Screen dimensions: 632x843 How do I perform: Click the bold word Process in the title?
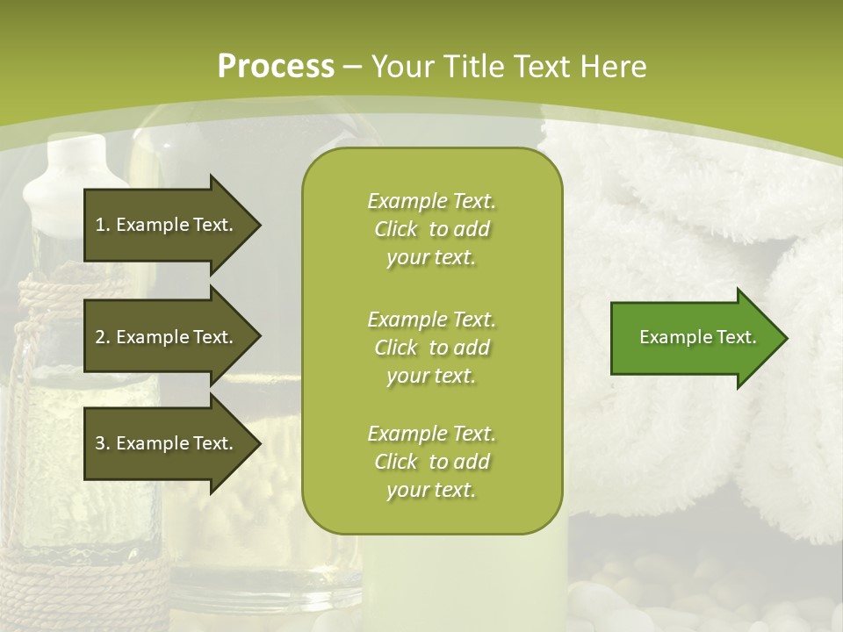point(276,66)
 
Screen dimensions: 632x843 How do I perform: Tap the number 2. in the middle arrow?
point(102,337)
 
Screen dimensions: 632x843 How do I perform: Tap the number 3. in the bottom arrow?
point(102,443)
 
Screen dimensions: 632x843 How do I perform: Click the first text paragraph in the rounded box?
point(431,229)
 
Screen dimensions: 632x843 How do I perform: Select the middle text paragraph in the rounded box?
point(431,347)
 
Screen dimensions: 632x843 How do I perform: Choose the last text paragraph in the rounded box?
point(431,462)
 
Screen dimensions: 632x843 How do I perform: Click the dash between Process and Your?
point(353,67)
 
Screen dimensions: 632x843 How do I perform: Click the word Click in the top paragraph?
point(396,229)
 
